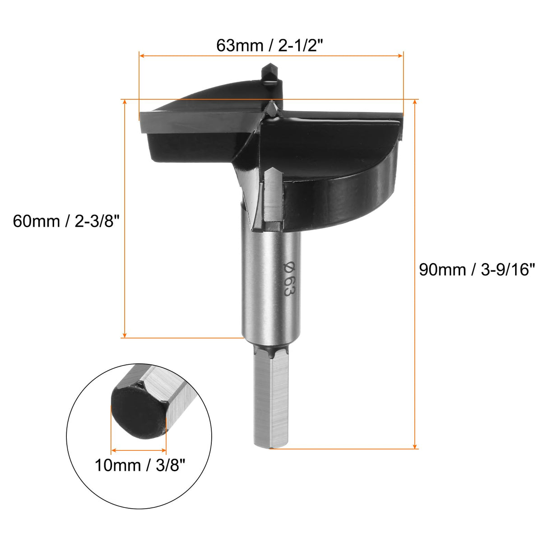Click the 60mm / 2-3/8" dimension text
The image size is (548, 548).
(68, 221)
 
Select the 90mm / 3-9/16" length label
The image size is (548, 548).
(477, 269)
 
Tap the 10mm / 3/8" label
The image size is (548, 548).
(140, 465)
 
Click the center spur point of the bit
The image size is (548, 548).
(271, 107)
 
